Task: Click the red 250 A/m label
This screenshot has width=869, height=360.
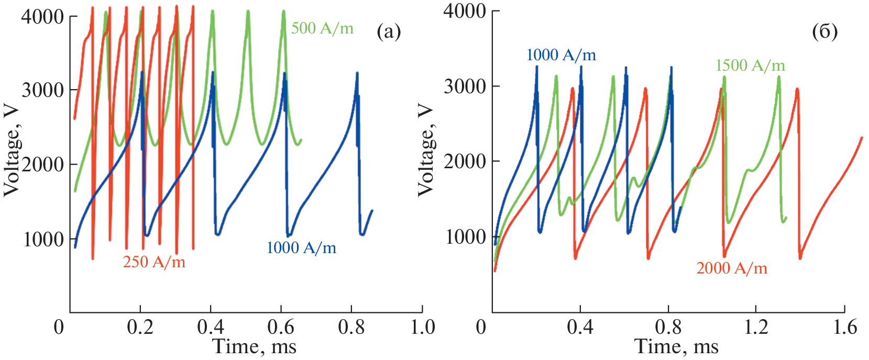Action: [154, 261]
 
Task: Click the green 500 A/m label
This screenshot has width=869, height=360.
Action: [322, 28]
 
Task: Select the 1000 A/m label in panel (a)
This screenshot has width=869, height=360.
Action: [301, 248]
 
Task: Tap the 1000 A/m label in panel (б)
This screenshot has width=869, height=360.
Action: [561, 55]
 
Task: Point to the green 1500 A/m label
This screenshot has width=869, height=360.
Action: [750, 66]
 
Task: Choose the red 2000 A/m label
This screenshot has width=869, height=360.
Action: [732, 268]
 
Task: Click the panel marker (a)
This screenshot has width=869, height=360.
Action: [389, 32]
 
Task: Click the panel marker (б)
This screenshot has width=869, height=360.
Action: [824, 32]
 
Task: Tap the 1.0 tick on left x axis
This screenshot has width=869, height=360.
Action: [422, 328]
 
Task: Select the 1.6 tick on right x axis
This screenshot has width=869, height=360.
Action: [844, 328]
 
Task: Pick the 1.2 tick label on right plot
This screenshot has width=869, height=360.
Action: [756, 328]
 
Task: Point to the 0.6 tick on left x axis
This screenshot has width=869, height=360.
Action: [281, 328]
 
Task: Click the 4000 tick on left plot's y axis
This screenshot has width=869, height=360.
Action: [42, 17]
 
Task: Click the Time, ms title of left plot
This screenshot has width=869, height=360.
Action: [255, 346]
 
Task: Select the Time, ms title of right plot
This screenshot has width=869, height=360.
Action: [676, 346]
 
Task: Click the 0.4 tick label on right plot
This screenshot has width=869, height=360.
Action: [580, 328]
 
